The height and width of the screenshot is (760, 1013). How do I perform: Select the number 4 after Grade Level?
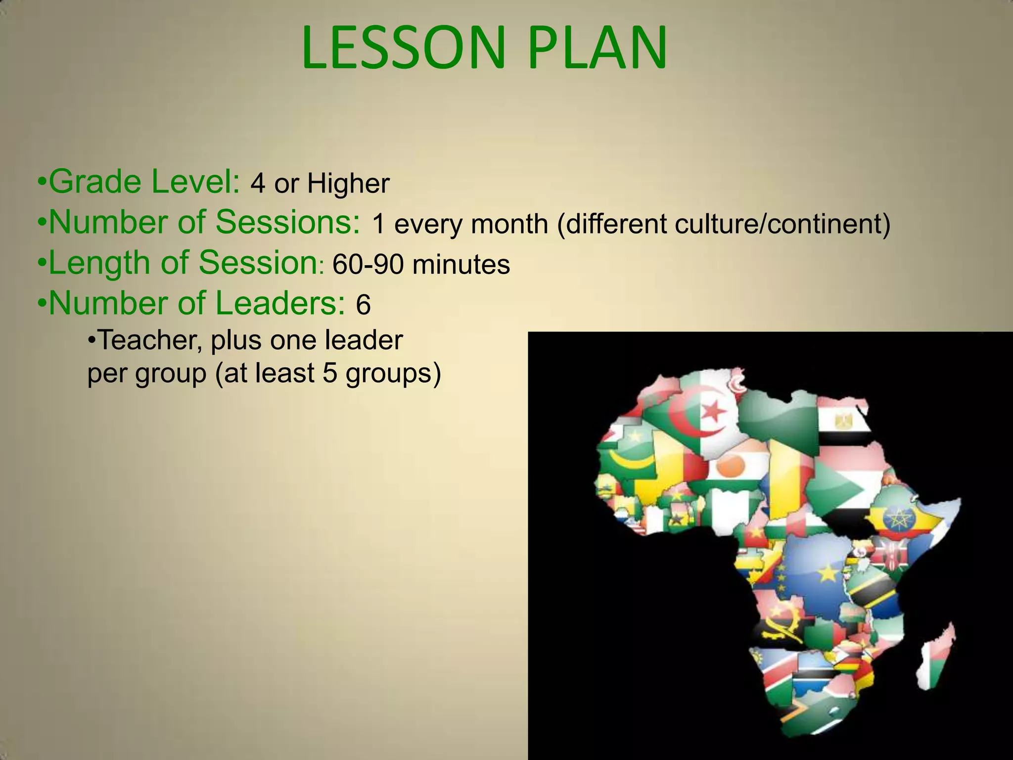coord(257,184)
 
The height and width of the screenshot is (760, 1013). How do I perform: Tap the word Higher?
coord(348,184)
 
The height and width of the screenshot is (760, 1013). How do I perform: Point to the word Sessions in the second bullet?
coord(288,223)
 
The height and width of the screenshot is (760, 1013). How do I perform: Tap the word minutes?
coord(460,264)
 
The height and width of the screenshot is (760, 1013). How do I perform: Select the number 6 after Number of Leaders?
coord(363,304)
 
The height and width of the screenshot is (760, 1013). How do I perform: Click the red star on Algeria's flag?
coord(713,410)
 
